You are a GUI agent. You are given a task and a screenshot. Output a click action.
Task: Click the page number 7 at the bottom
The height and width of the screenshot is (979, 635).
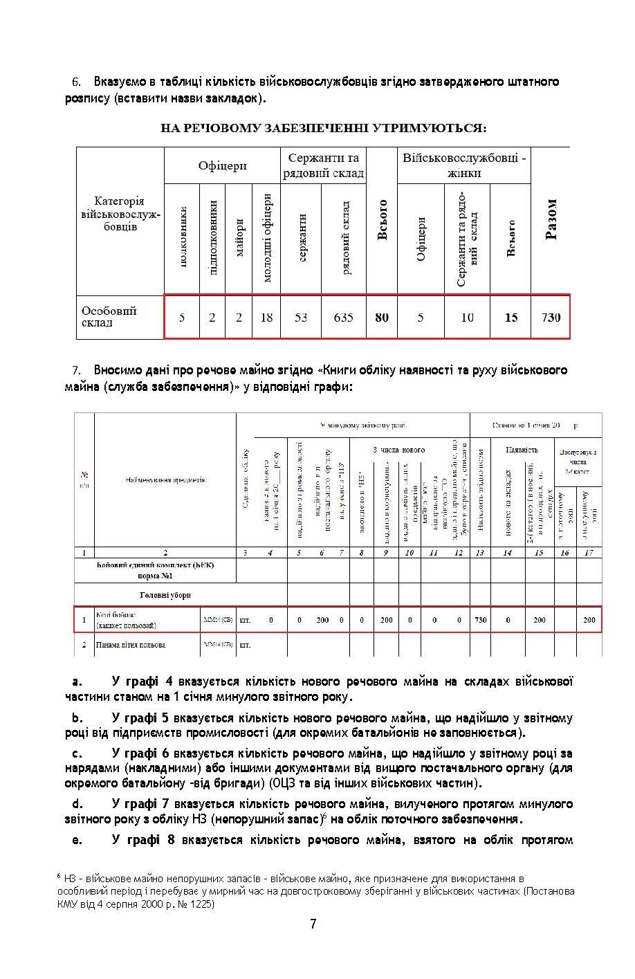pos(313,924)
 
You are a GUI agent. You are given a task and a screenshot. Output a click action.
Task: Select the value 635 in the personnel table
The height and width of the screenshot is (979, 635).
pos(343,318)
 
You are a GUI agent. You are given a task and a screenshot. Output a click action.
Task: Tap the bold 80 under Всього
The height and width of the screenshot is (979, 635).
pos(382,318)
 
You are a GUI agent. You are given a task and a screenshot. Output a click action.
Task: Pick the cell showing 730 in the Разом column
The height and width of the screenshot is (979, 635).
pos(551,318)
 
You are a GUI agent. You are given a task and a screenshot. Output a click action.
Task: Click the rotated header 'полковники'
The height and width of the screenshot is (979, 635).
pos(183,239)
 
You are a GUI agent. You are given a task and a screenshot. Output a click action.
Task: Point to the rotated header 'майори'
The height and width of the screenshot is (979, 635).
pos(239,239)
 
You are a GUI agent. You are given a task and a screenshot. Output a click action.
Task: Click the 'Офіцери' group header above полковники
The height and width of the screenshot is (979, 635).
pos(222,166)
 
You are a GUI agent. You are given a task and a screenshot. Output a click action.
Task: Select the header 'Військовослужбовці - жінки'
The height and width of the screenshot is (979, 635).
pos(464,165)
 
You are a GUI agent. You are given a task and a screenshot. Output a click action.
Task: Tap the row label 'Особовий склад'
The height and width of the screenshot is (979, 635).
pos(109,317)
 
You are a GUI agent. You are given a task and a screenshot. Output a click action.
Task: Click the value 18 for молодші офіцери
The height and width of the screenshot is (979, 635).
pos(266,318)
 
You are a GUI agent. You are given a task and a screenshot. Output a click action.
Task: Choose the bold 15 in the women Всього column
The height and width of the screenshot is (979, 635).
pos(511,318)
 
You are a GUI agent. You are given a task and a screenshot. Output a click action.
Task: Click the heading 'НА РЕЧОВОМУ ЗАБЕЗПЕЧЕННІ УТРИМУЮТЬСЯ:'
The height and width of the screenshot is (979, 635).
pos(323,129)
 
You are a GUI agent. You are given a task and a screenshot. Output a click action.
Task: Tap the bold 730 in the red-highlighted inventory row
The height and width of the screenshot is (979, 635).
pos(481,620)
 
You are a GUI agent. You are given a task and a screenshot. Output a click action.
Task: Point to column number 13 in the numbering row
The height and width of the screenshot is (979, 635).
pos(481,553)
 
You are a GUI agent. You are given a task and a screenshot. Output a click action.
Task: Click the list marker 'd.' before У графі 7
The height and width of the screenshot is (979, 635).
pos(77,804)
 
